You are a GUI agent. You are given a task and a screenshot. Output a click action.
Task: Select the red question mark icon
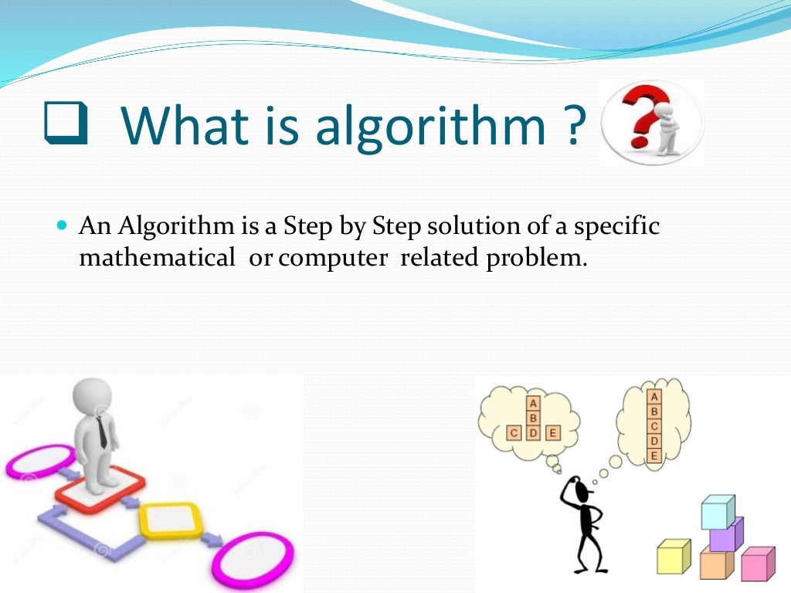coord(640,120)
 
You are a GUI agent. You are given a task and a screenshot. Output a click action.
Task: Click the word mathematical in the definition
coord(157,258)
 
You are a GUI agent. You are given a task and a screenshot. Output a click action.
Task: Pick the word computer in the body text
coord(332,259)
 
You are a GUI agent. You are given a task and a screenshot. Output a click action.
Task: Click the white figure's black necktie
coord(104,432)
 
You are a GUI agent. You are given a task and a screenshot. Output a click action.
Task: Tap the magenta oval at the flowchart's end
coord(253,558)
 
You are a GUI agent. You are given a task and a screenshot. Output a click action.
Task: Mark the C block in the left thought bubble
coord(514,432)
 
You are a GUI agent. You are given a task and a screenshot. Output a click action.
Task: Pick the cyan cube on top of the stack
coord(717,512)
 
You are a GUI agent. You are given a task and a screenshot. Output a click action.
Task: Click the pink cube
coord(756,564)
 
